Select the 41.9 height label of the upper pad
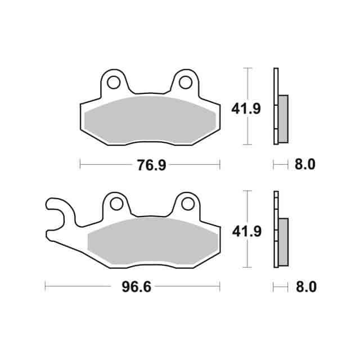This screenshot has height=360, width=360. click(246, 109)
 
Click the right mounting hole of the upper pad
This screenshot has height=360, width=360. click(184, 82)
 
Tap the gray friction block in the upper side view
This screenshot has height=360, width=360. click(283, 118)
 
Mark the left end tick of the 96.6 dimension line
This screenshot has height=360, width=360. click(45, 287)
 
